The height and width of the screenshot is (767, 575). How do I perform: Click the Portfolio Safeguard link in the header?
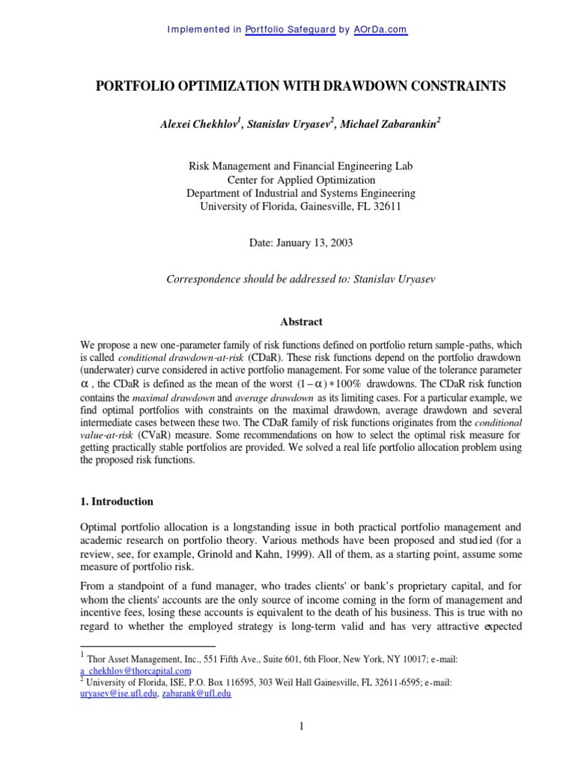point(290,30)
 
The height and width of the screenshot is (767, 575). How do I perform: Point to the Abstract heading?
point(300,322)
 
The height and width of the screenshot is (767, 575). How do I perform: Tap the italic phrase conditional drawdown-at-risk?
point(174,357)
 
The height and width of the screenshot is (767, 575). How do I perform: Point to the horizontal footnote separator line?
point(147,645)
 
